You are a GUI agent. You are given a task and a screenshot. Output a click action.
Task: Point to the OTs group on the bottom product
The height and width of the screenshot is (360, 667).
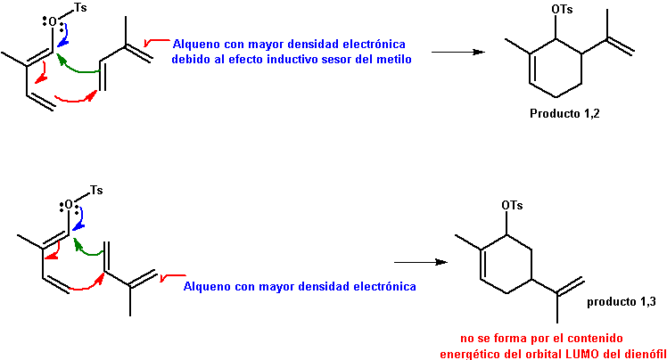pos(512,206)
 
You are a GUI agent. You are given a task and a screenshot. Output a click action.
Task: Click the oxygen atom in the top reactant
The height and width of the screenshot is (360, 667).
pos(53,20)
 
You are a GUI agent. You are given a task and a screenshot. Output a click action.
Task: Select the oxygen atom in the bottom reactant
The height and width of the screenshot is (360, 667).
pos(69,205)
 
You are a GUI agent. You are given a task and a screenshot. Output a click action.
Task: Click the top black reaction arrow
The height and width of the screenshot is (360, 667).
pos(458,53)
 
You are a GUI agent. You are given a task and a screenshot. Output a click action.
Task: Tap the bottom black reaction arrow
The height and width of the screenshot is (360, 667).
pos(419,262)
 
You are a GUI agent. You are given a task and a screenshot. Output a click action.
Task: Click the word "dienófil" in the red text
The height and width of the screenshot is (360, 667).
pos(643,355)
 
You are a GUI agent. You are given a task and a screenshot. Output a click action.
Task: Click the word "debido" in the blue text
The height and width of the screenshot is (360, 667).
pos(192,59)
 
